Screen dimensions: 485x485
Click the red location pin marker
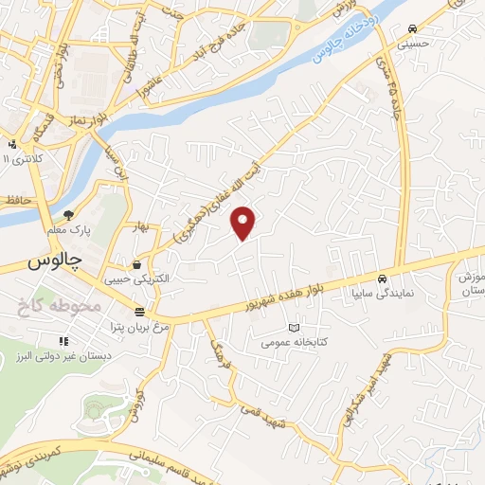coord(244,223)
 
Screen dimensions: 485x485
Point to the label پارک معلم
coord(68,230)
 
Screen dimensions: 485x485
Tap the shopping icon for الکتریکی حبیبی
coord(139,264)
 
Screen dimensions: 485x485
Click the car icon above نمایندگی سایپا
coord(381,279)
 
